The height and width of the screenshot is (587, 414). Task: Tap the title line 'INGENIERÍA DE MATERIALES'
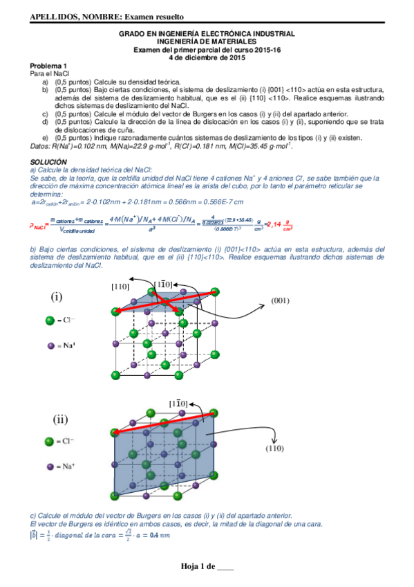pyautogui.click(x=207, y=41)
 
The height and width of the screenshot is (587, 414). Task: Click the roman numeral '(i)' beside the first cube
pyautogui.click(x=57, y=296)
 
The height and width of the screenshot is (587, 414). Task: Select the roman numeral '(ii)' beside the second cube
pyautogui.click(x=59, y=419)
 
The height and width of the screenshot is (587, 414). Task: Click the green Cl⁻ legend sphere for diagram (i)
pyautogui.click(x=50, y=320)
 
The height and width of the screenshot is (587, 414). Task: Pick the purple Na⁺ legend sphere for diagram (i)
pyautogui.click(x=50, y=345)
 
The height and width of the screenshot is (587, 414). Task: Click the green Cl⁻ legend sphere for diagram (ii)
pyautogui.click(x=50, y=441)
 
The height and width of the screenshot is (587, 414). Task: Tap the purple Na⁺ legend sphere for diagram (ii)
pyautogui.click(x=50, y=466)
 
